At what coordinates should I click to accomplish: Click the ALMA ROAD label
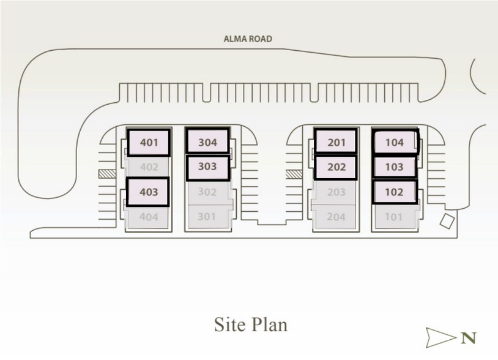click(x=248, y=39)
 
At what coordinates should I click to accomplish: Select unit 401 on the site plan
click(x=149, y=143)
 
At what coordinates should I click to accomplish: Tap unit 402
click(x=149, y=167)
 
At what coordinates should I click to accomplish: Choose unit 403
click(x=148, y=192)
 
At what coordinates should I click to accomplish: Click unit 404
click(x=148, y=217)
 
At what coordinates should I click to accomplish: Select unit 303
click(x=208, y=167)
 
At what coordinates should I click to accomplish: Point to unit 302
click(x=207, y=192)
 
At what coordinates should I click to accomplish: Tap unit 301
click(x=207, y=217)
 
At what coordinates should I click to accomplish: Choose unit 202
click(x=336, y=167)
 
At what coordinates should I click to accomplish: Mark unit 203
click(x=336, y=192)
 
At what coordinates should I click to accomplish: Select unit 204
click(x=336, y=217)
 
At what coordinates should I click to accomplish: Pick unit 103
click(x=395, y=167)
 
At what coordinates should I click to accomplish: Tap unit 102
click(x=395, y=192)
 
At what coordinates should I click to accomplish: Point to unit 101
click(x=395, y=217)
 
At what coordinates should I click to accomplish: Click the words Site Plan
click(x=251, y=324)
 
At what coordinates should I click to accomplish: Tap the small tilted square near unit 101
click(x=447, y=221)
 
